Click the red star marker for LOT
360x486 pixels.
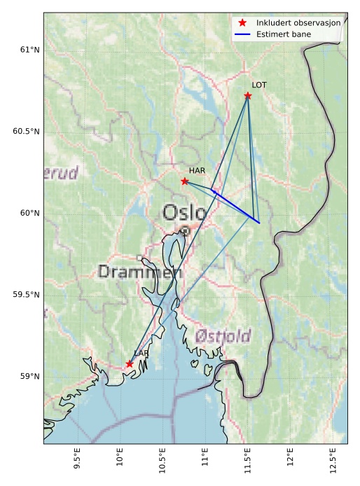tap(248, 95)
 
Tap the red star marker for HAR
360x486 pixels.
tap(185, 181)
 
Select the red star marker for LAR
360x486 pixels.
tap(130, 363)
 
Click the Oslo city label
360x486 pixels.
tap(185, 212)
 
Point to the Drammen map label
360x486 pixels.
tap(140, 272)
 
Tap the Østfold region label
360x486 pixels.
tap(223, 335)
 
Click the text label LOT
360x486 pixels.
tap(259, 85)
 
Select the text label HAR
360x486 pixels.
tap(197, 170)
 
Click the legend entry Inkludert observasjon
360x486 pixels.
tap(298, 22)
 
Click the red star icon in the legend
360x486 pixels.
tap(242, 22)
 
